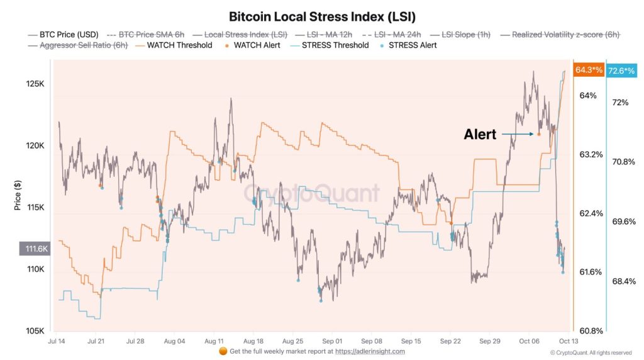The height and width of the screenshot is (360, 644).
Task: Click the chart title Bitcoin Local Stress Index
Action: tap(321, 16)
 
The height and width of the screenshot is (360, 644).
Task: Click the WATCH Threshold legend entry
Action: tap(179, 45)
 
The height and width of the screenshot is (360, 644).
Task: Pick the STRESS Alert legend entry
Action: tap(413, 45)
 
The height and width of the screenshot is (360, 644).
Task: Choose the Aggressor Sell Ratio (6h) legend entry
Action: tap(84, 45)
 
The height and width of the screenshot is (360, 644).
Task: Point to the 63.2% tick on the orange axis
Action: tap(591, 154)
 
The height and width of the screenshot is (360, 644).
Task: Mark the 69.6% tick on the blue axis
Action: tap(625, 222)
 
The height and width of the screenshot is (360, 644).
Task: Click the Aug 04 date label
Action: tap(174, 340)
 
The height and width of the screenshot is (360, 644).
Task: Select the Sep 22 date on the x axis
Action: tap(450, 340)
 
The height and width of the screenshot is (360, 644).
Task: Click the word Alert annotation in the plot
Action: tap(480, 134)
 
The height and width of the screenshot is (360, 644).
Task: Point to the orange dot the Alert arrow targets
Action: tap(539, 134)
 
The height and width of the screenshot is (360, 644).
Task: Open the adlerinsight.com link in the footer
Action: tap(370, 351)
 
